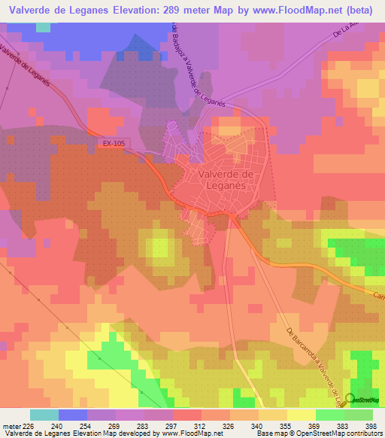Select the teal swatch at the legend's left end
pyautogui.click(x=44, y=415)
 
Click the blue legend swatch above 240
pyautogui.click(x=73, y=415)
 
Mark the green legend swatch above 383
pyautogui.click(x=329, y=415)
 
